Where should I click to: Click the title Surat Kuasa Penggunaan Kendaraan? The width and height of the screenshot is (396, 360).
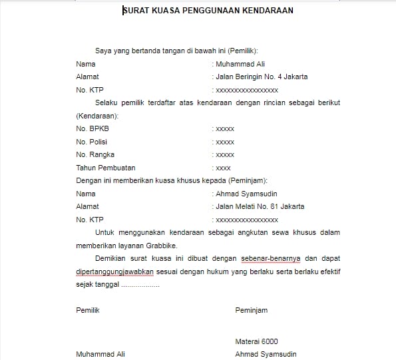pyautogui.click(x=198, y=11)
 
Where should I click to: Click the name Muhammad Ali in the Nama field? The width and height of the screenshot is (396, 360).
pyautogui.click(x=238, y=65)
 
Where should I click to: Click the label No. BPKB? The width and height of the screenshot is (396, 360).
pyautogui.click(x=92, y=129)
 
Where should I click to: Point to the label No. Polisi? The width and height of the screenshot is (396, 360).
pyautogui.click(x=92, y=142)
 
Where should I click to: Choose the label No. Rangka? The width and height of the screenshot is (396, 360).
pyautogui.click(x=93, y=154)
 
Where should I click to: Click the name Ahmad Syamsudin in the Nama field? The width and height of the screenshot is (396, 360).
pyautogui.click(x=242, y=194)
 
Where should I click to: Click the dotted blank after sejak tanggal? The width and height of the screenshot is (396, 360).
pyautogui.click(x=140, y=285)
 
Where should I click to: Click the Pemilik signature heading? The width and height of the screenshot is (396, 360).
pyautogui.click(x=88, y=311)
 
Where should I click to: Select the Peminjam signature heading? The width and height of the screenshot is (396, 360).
pyautogui.click(x=251, y=311)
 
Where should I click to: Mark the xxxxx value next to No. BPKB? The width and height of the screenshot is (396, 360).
pyautogui.click(x=224, y=129)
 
